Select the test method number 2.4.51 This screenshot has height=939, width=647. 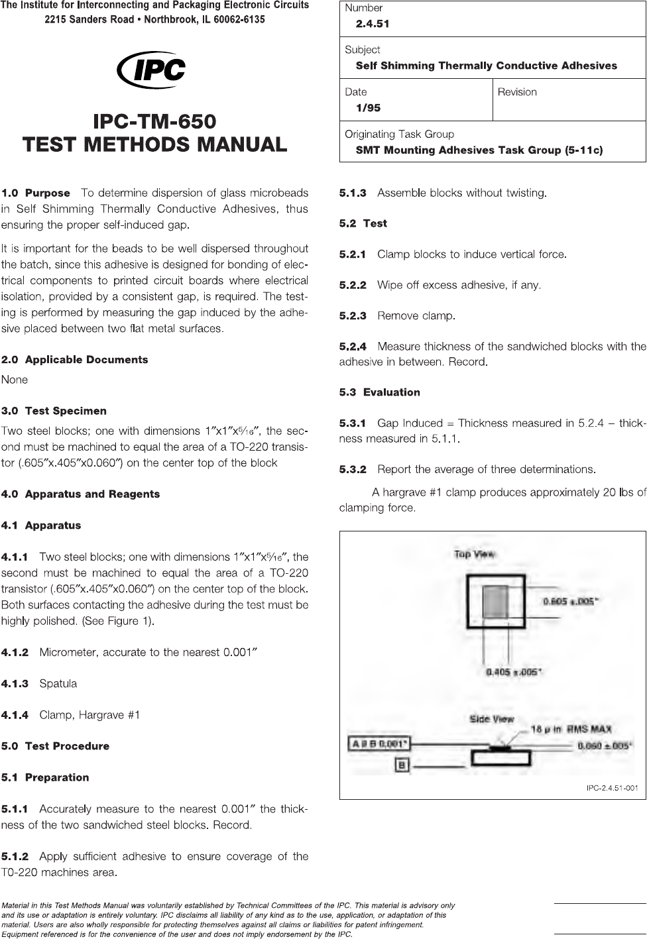(373, 24)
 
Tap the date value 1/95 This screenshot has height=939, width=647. (368, 108)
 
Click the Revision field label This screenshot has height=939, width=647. (517, 92)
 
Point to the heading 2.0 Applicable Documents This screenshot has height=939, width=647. (75, 360)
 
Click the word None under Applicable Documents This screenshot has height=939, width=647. (15, 380)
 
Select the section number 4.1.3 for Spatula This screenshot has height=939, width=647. (15, 684)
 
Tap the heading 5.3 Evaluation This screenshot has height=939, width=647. (380, 392)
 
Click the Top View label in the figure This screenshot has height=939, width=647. (475, 554)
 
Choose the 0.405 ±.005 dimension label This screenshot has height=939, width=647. (514, 672)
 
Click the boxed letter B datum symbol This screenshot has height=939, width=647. (402, 765)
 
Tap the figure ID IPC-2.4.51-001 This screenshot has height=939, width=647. (612, 788)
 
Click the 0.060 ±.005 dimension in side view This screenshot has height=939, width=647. (605, 746)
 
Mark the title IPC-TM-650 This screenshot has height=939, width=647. (154, 122)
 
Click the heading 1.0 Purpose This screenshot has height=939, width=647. (36, 193)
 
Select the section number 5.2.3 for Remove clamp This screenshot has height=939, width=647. (353, 316)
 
